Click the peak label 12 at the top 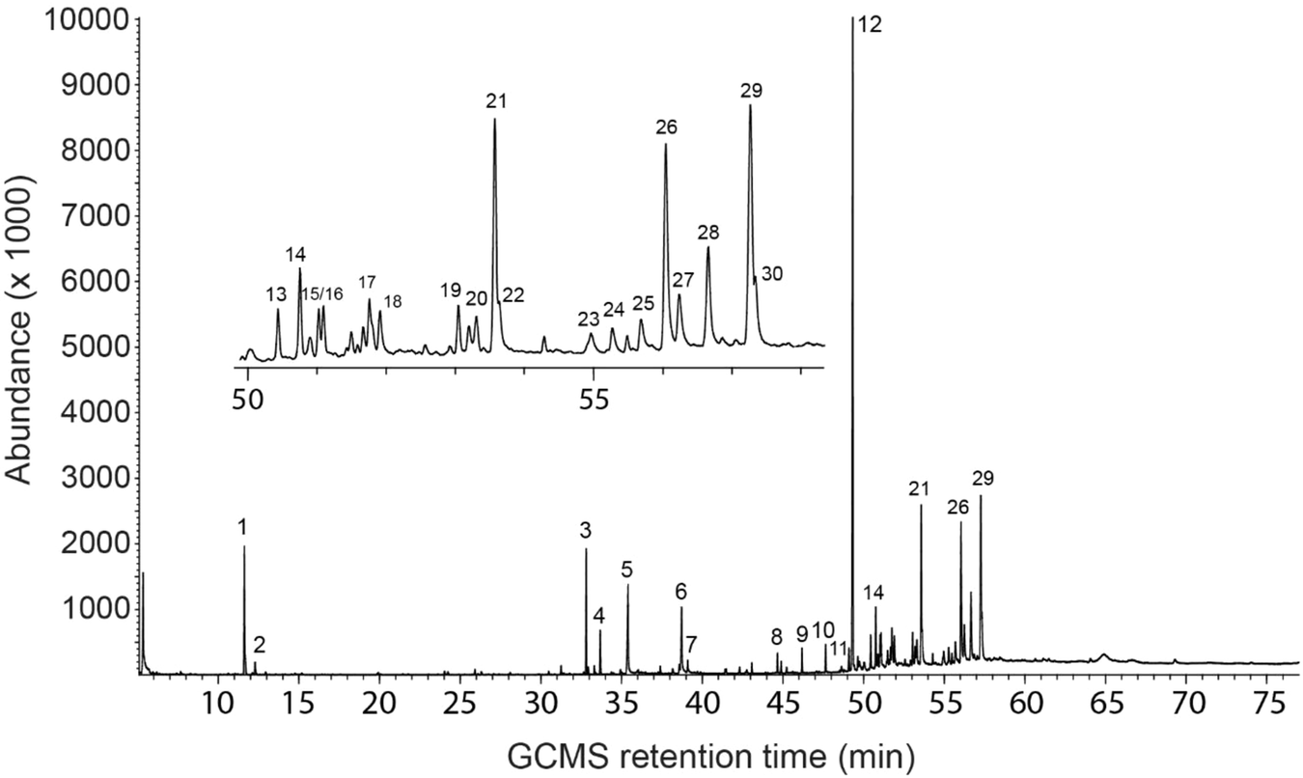coord(870,26)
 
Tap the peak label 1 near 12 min coord(243,527)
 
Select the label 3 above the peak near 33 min coord(585,530)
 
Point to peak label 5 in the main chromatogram coord(626,568)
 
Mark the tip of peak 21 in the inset coord(494,120)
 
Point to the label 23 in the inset coord(589,319)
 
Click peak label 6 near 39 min coord(680,590)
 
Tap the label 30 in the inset coord(771,275)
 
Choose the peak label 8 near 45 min coord(776,636)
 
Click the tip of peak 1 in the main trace coord(243,546)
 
